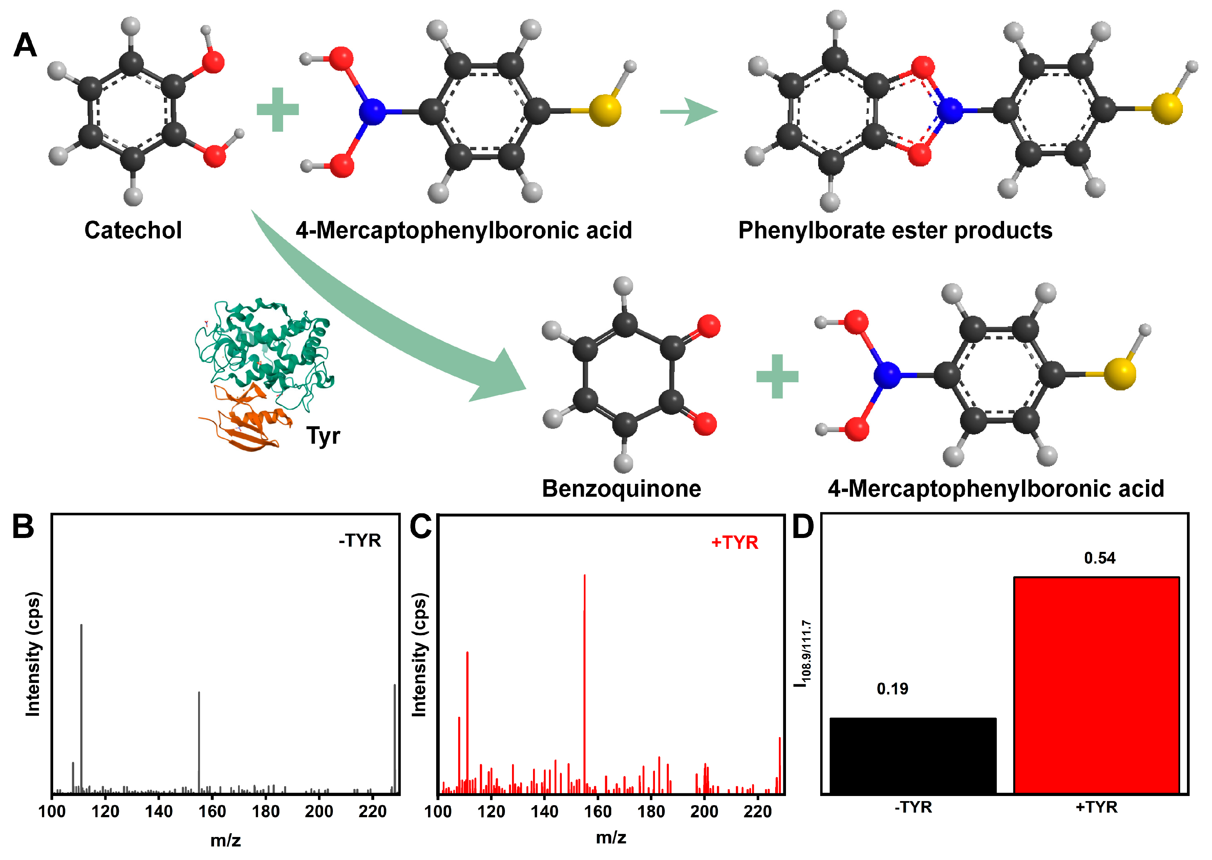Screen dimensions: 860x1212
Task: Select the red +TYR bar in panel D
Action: click(1096, 685)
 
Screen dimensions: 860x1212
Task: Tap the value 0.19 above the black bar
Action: click(892, 689)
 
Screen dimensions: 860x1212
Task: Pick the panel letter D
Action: click(803, 528)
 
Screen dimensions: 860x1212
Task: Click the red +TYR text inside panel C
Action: click(735, 543)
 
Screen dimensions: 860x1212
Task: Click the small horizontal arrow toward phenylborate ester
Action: click(688, 111)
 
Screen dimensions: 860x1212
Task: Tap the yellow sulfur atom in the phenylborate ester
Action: click(1167, 109)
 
